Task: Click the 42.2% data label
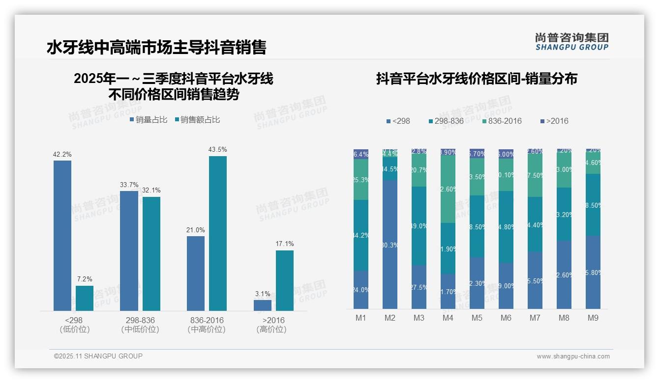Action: point(62,154)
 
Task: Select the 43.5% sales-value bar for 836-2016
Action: point(217,233)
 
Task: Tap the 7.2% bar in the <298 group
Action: point(84,298)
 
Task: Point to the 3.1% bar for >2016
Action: point(262,305)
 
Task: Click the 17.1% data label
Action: point(285,244)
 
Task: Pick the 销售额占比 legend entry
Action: point(197,120)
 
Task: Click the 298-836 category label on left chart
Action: point(140,320)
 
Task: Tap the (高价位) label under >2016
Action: point(271,329)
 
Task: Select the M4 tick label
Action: point(448,318)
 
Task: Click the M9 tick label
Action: point(593,318)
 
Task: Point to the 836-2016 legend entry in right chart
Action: point(501,121)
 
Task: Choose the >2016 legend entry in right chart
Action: point(554,121)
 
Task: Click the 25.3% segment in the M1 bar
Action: point(361,180)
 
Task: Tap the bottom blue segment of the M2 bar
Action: point(390,245)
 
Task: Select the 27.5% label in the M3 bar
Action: point(419,287)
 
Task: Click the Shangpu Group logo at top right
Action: point(571,41)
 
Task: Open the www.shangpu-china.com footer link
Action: point(573,356)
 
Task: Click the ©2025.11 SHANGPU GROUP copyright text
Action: point(98,356)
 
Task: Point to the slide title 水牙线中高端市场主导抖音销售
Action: point(156,47)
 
